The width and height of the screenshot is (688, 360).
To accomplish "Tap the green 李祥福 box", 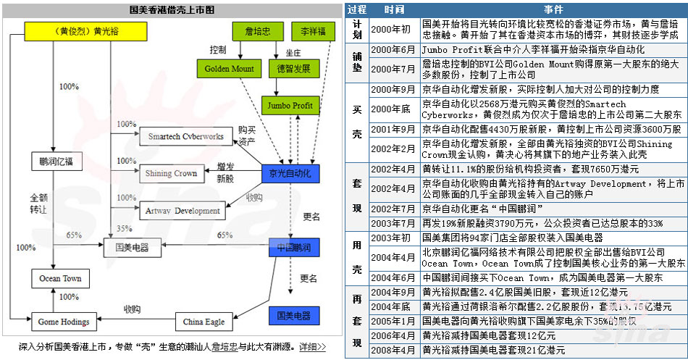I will pyautogui.click(x=314, y=31).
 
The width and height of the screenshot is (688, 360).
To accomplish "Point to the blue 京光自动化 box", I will pyautogui.click(x=290, y=175).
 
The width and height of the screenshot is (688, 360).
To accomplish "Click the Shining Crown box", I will pyautogui.click(x=172, y=174).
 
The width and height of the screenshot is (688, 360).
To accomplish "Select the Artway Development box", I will pyautogui.click(x=183, y=211).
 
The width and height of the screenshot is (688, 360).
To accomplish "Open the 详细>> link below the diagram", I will pyautogui.click(x=312, y=348).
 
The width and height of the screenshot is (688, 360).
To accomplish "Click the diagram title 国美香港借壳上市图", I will pyautogui.click(x=172, y=10).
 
